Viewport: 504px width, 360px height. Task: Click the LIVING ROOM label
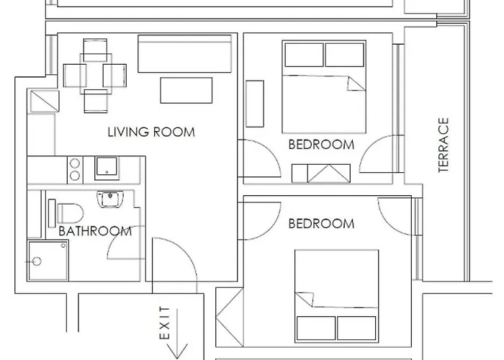pos(151,132)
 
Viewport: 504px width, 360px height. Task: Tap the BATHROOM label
pos(95,231)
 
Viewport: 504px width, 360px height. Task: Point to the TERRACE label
pos(444,145)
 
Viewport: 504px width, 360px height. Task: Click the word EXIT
pos(165,323)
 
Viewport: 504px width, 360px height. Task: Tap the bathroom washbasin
pos(110,199)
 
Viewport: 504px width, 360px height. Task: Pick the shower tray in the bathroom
pos(48,261)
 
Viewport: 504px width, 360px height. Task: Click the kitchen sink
pos(107,168)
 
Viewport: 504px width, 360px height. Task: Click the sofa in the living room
pos(184,54)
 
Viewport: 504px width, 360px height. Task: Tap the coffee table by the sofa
pos(186,90)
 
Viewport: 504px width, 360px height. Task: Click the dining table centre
pos(96,74)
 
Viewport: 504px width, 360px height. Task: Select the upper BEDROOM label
pos(321,145)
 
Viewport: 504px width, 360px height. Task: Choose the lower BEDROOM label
pos(321,224)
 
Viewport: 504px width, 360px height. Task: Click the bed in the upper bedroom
pos(324,86)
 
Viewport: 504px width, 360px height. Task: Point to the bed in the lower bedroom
pos(336,296)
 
